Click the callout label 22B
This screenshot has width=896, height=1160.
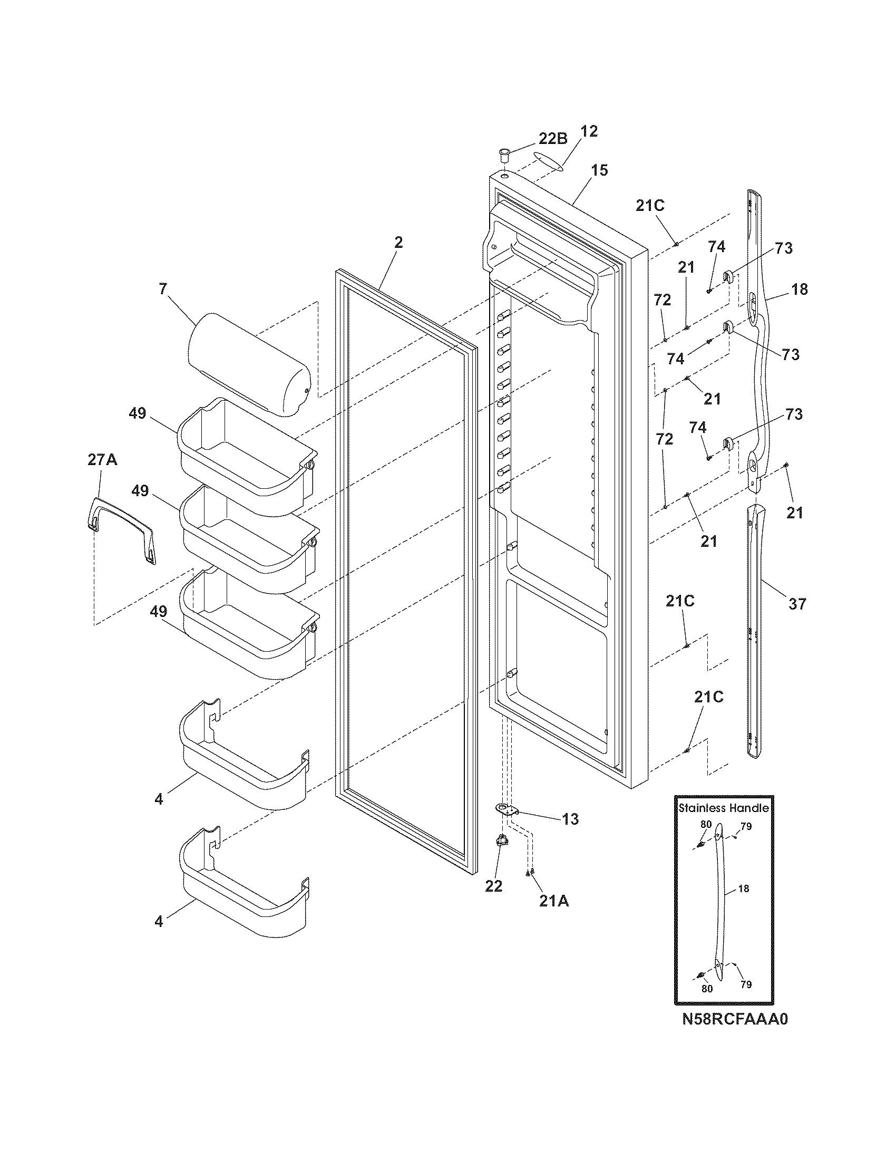[553, 139]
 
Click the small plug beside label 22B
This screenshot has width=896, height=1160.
[503, 157]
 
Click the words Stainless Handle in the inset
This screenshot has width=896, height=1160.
[724, 808]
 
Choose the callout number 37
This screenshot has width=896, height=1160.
[797, 603]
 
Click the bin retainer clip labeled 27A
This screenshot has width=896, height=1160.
[122, 525]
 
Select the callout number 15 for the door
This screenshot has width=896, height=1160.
[599, 170]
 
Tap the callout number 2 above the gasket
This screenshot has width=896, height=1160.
[398, 242]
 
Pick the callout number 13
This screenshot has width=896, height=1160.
[570, 819]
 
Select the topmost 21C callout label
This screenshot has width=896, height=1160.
[650, 206]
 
